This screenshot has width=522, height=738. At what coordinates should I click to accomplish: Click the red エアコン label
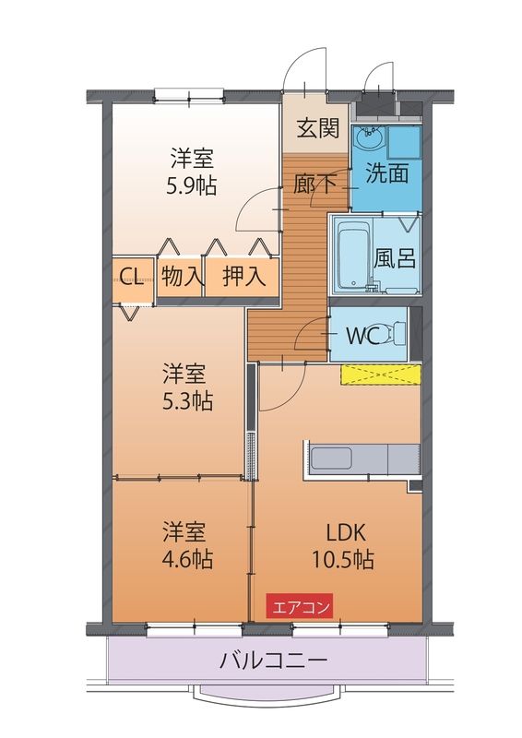[x=300, y=605]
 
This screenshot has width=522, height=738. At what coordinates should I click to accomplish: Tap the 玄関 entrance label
[x=317, y=128]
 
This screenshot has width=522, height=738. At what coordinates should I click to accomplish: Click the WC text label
[x=362, y=336]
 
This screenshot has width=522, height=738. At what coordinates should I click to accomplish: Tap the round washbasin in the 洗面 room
[x=369, y=138]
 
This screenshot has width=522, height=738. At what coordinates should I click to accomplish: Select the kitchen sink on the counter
[x=331, y=458]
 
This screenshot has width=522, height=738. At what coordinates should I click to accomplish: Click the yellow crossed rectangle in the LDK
[x=381, y=375]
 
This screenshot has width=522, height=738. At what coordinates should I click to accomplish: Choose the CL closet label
[x=132, y=278]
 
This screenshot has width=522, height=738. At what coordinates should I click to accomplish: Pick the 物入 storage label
[x=181, y=276]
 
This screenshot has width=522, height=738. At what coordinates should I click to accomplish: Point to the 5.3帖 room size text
[x=187, y=402]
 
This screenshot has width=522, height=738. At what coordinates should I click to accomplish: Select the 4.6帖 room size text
[x=187, y=560]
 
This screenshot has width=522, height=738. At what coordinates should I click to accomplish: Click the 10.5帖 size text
[x=343, y=560]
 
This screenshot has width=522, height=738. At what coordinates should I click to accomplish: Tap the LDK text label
[x=346, y=533]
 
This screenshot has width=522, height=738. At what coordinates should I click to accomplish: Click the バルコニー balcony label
[x=273, y=661]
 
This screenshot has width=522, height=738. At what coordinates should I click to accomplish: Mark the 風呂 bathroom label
[x=395, y=257]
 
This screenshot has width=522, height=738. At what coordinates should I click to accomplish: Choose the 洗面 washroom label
[x=387, y=173]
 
